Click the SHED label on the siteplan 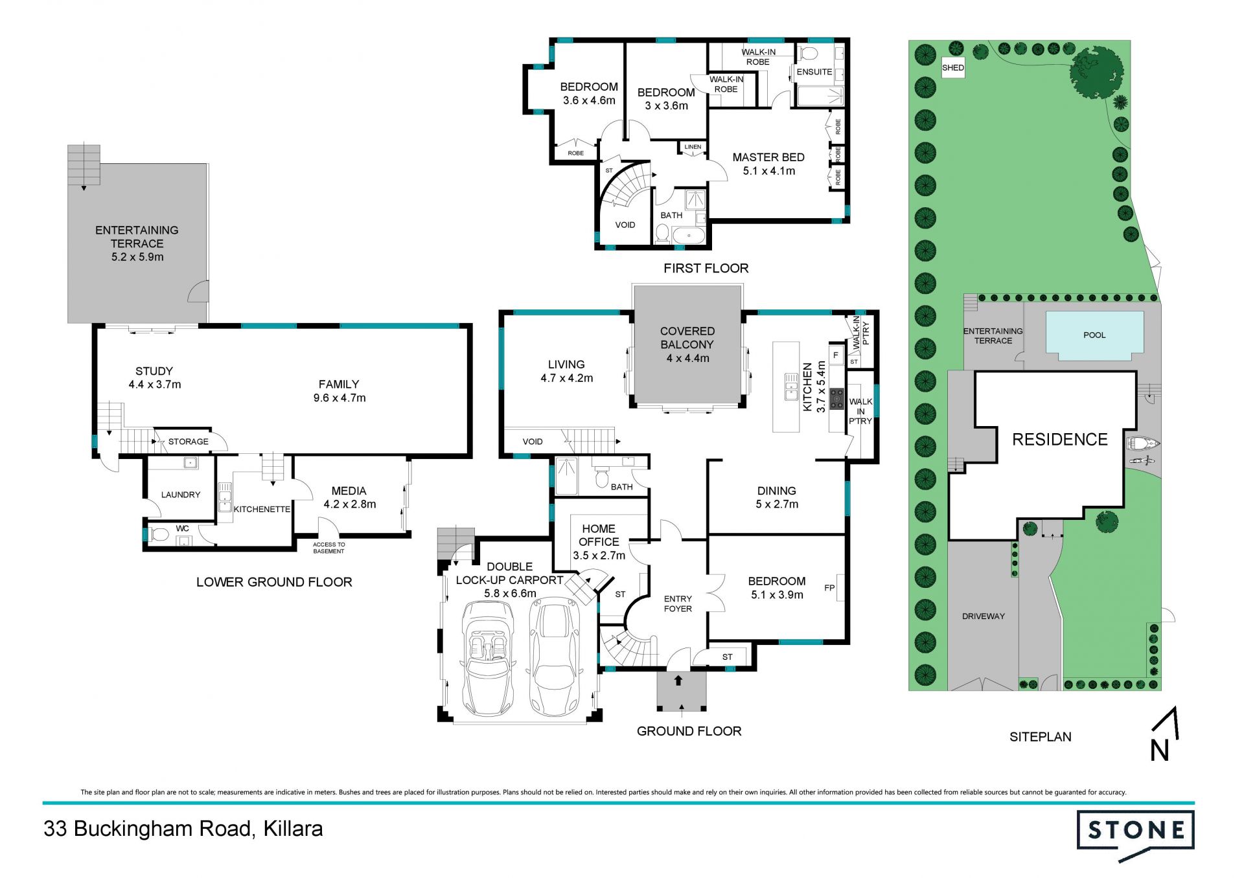click(x=952, y=67)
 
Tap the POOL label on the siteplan click(x=1094, y=335)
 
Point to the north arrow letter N click(x=1159, y=751)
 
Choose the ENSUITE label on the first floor click(x=814, y=72)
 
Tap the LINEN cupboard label click(x=693, y=147)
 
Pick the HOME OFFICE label click(x=599, y=535)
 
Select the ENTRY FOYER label click(x=678, y=603)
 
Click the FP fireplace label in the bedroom click(x=829, y=588)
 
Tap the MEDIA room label click(x=349, y=491)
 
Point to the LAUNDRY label click(x=181, y=495)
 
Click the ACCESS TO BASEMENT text click(x=329, y=548)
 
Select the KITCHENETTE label click(x=262, y=510)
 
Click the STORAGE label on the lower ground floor click(x=189, y=442)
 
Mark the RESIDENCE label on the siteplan click(x=1060, y=440)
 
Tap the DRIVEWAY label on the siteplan click(x=984, y=616)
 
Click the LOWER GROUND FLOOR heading click(x=274, y=582)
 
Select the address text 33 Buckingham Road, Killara click(x=183, y=829)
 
